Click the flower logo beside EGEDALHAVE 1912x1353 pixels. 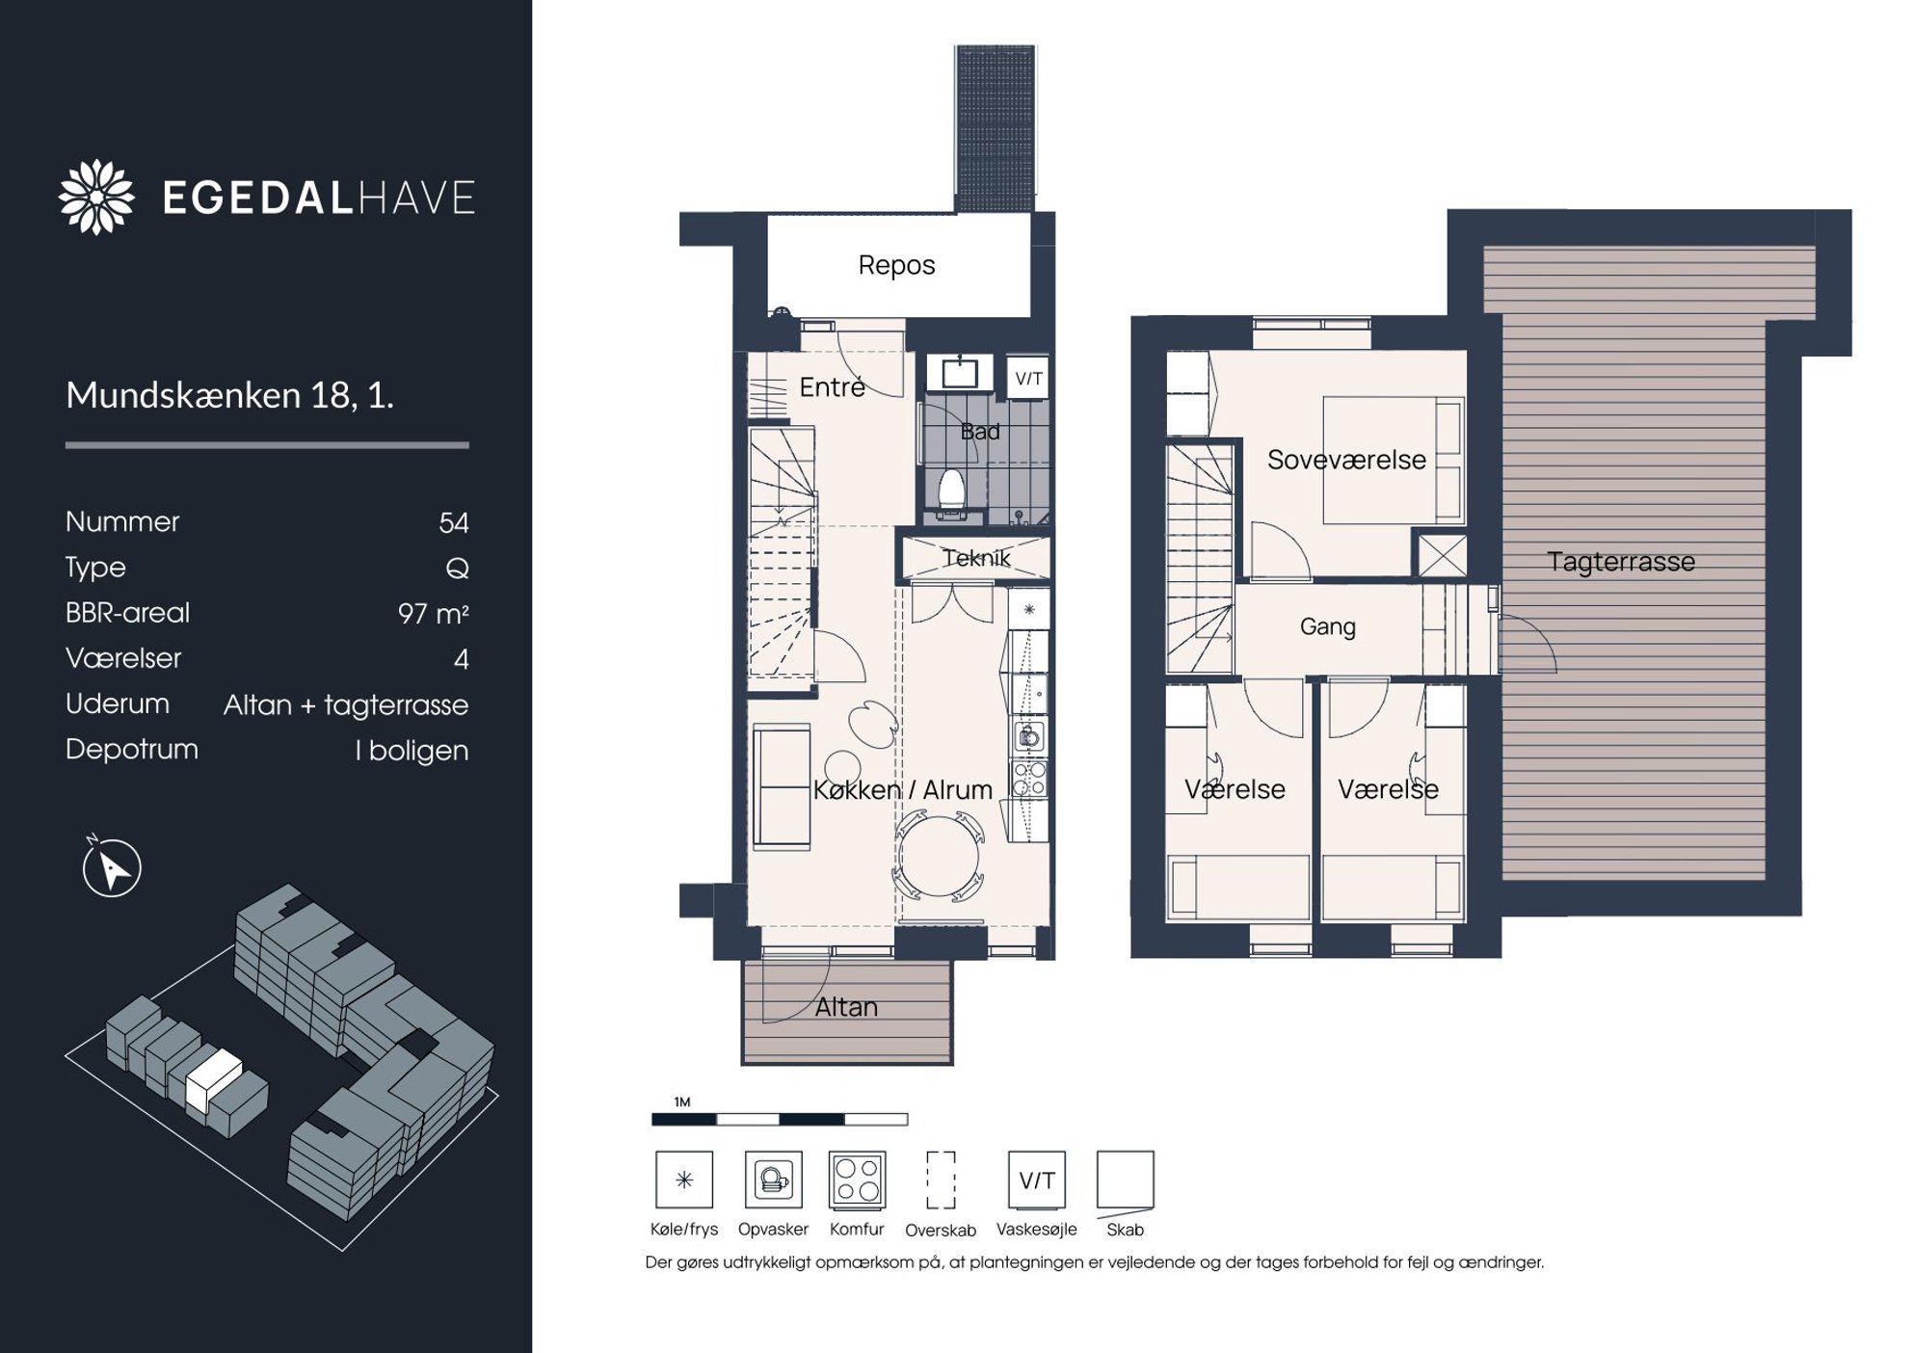pyautogui.click(x=96, y=197)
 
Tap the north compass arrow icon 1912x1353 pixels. pyautogui.click(x=112, y=866)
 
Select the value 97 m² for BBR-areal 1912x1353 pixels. pyautogui.click(x=433, y=614)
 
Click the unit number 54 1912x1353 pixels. pyautogui.click(x=454, y=523)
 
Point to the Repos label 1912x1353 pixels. pyautogui.click(x=896, y=265)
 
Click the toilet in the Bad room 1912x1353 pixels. pyautogui.click(x=952, y=491)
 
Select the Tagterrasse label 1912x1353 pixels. pyautogui.click(x=1621, y=562)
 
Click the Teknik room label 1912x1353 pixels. pyautogui.click(x=976, y=558)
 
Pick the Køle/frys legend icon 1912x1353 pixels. pyautogui.click(x=684, y=1180)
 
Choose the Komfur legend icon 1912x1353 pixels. pyautogui.click(x=857, y=1180)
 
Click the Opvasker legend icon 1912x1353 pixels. pyautogui.click(x=773, y=1180)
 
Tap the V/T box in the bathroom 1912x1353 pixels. pyautogui.click(x=1028, y=379)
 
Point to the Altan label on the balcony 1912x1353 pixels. pyautogui.click(x=846, y=1007)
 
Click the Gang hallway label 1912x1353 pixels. pyautogui.click(x=1327, y=626)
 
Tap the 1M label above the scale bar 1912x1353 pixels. pyautogui.click(x=682, y=1101)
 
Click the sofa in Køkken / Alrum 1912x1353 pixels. pyautogui.click(x=782, y=787)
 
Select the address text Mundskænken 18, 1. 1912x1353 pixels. pyautogui.click(x=229, y=395)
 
